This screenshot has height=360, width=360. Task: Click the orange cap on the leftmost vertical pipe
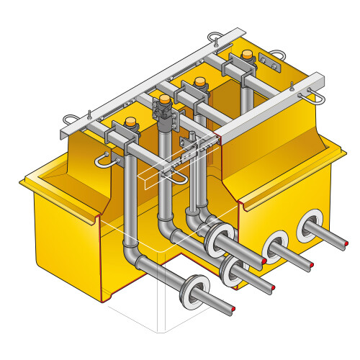click(x=132, y=122)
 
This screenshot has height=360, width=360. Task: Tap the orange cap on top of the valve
click(x=165, y=99)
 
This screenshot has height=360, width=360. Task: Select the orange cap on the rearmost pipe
click(x=248, y=55)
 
